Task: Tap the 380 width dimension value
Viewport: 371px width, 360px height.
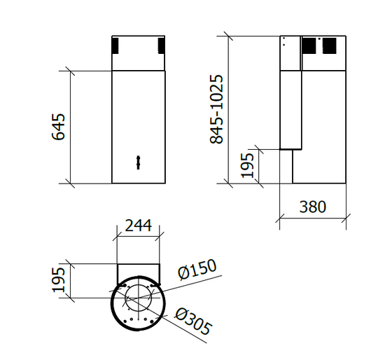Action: [312, 207]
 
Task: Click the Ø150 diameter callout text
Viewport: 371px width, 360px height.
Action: [197, 270]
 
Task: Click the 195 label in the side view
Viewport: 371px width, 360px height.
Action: [248, 167]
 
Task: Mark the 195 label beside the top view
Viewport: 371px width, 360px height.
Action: [59, 280]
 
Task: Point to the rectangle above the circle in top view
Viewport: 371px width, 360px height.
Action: [138, 271]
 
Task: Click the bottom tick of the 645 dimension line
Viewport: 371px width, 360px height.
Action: [70, 184]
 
